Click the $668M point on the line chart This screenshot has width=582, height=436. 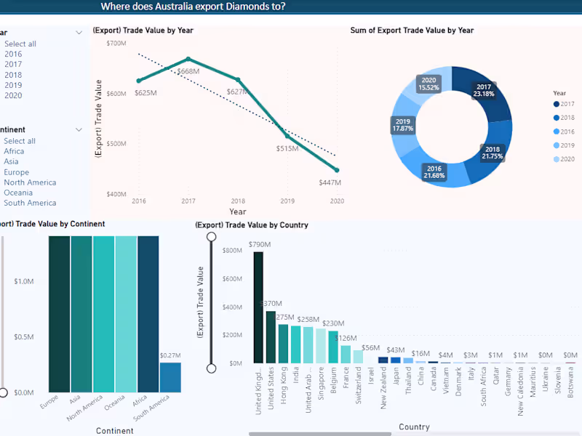coord(188,59)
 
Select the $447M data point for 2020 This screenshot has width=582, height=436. coord(337,170)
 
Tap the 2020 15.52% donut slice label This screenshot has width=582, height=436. coord(428,84)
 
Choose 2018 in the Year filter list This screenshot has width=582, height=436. coord(13,75)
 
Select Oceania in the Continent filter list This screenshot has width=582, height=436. coord(18,193)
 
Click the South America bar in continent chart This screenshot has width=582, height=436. coord(170,377)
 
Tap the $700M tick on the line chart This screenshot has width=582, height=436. coord(116,44)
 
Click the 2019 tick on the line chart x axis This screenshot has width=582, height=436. coord(287,201)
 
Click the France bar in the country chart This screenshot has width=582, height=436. coord(346,354)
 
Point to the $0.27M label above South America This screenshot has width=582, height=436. coord(170,355)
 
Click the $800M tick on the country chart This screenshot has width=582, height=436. coord(233,251)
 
